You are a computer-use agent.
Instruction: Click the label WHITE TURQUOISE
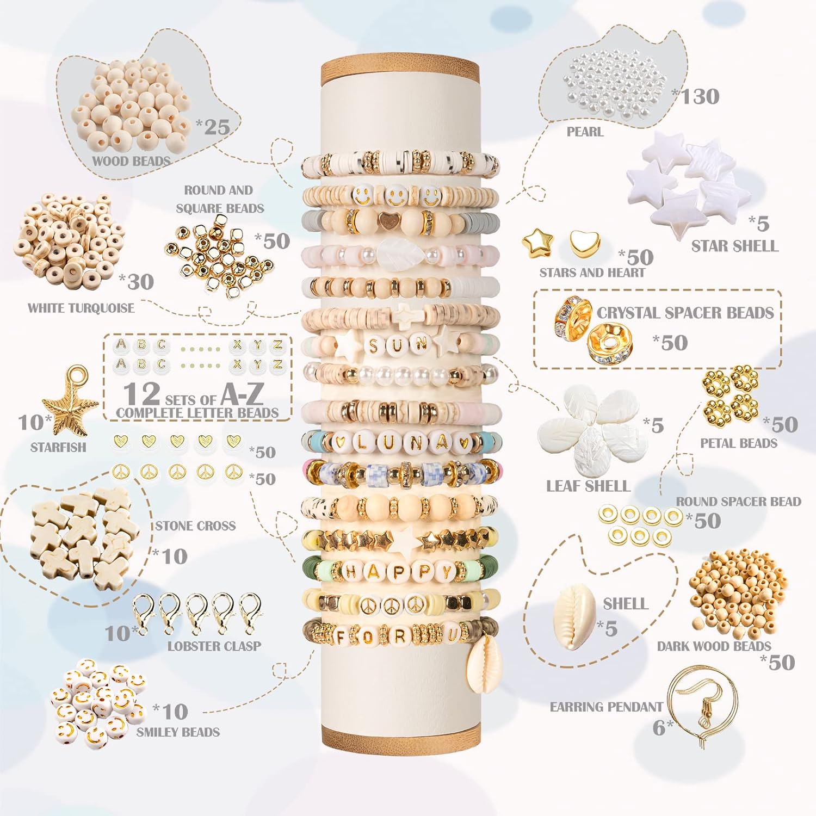point(81,308)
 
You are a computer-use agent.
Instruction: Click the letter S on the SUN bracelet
point(374,345)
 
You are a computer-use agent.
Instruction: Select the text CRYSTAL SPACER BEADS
point(685,313)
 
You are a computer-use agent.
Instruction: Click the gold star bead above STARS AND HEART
point(537,241)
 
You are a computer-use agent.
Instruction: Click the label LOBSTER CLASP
point(214,646)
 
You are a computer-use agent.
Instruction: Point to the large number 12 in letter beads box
point(141,393)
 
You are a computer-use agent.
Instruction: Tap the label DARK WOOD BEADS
point(714,646)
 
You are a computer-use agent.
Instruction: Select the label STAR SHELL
point(735,246)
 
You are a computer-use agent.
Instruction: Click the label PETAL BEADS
point(739,443)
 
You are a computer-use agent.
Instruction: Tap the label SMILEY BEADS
point(178,732)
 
